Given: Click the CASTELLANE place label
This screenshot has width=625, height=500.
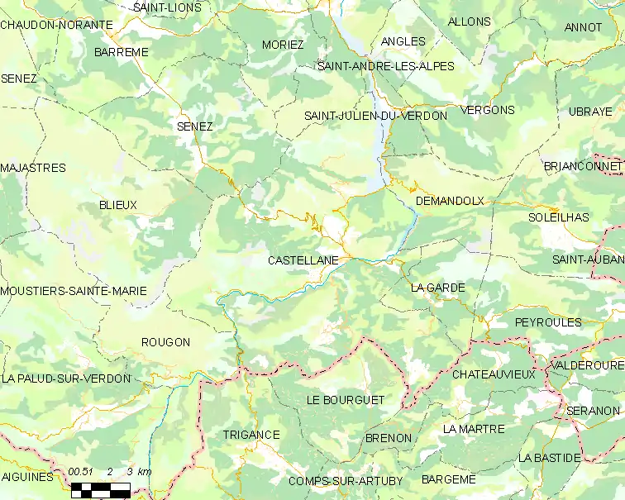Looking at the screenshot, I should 303,260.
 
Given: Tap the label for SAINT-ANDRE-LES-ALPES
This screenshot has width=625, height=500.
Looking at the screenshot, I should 386,66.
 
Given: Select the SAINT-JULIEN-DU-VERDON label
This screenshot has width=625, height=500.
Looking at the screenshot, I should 375,116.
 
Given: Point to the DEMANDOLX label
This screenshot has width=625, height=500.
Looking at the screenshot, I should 450,201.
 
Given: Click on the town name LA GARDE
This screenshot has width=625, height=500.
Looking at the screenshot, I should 438,288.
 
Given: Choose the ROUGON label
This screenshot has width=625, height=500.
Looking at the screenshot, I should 165,342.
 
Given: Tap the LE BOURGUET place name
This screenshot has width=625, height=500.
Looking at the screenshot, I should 346,400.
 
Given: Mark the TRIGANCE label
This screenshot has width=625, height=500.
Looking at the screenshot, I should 251,435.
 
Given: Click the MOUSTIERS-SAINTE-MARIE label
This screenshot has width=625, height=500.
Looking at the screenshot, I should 74,291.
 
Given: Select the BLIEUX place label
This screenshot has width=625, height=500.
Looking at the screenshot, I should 117,205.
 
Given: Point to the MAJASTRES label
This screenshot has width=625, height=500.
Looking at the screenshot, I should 33,168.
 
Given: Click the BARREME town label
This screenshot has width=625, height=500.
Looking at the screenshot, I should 122,51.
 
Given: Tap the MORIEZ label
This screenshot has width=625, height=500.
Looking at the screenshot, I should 283,45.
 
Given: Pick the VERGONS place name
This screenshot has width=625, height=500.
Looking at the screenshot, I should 488,110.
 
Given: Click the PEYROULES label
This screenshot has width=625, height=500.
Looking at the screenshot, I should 548,322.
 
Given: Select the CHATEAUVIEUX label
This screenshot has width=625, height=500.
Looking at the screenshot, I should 494,374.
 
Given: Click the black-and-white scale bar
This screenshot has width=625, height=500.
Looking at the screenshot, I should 100,488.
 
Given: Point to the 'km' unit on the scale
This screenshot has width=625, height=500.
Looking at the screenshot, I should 145,471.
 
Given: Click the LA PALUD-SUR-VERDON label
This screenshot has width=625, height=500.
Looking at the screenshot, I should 66,379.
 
